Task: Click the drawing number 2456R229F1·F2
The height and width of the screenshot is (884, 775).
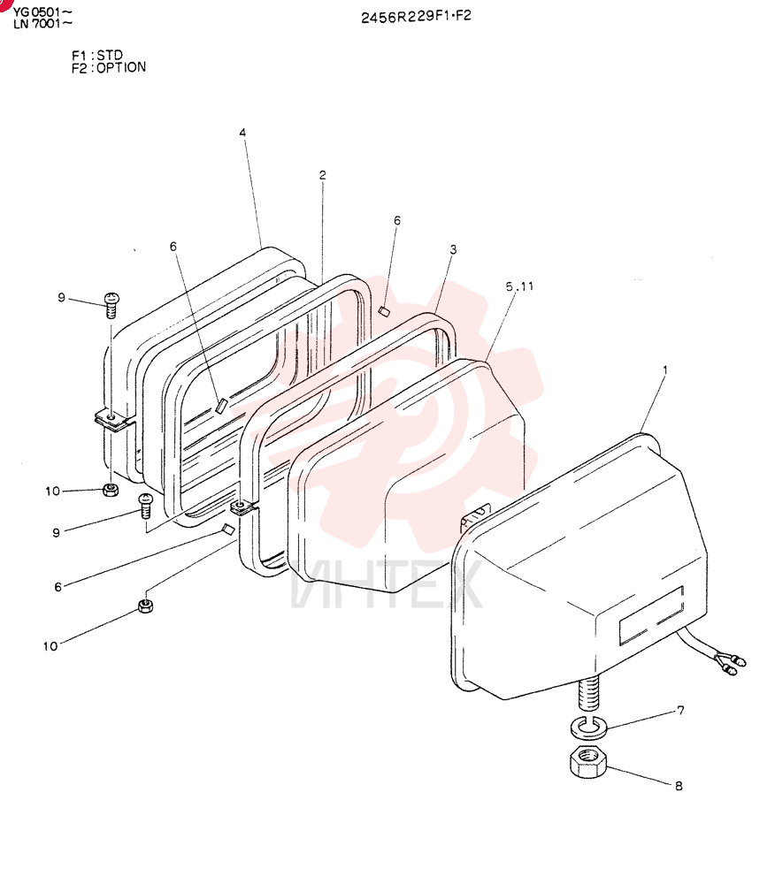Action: pos(416,16)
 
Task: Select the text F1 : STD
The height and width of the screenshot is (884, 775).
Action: pos(97,55)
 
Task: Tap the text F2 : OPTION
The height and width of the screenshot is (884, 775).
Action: pos(108,68)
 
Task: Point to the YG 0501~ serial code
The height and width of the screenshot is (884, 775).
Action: pos(42,11)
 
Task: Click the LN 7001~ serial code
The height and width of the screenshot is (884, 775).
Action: pos(42,23)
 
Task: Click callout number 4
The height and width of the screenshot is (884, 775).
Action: pos(242,133)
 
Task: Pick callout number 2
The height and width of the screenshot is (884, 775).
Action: pos(322,175)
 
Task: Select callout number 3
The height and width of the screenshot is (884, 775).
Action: pos(453,249)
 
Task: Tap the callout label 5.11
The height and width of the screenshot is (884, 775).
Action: pos(519,286)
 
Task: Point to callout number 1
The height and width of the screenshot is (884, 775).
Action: pos(665,370)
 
